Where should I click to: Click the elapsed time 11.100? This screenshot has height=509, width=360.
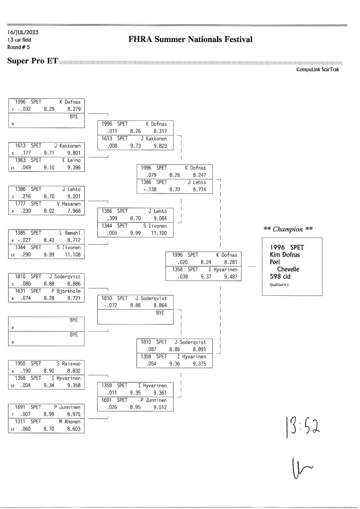point(159,233)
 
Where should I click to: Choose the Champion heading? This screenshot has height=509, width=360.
point(288,229)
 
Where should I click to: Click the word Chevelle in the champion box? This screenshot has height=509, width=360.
point(288,269)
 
